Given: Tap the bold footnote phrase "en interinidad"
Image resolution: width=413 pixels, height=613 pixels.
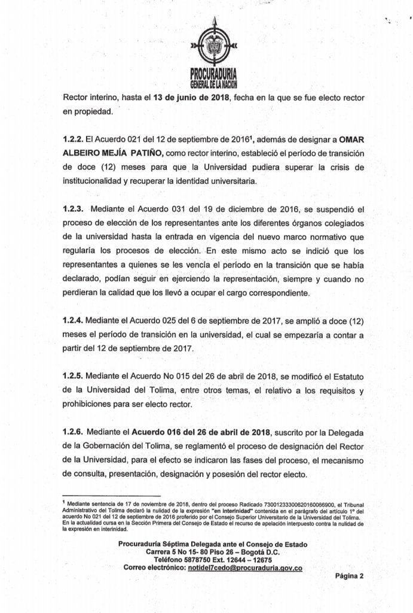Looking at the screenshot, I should pyautogui.click(x=233, y=512).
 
